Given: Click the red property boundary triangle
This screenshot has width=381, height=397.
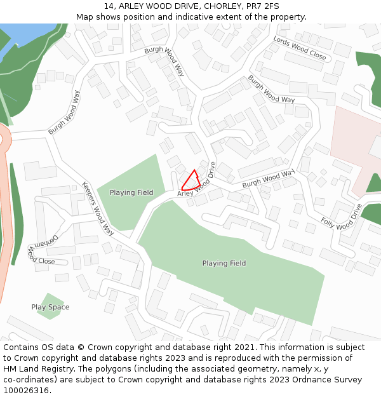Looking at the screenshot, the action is (x=191, y=180).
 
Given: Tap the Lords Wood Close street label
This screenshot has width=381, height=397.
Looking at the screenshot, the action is (x=300, y=48).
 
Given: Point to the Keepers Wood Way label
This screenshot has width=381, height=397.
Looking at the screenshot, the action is (x=98, y=208).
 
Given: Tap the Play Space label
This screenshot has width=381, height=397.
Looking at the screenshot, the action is (x=50, y=307).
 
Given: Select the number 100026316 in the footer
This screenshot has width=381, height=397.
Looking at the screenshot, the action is (x=26, y=390).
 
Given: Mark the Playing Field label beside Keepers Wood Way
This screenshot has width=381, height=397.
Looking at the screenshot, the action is (x=131, y=192).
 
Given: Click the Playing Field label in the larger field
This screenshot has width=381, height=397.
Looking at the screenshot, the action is (x=224, y=263).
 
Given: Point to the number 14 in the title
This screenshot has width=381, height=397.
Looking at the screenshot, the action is (x=109, y=6).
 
